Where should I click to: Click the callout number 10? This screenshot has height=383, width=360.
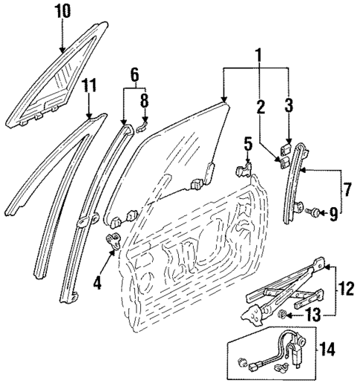click(x=63, y=13)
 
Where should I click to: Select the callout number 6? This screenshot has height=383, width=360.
click(x=134, y=74)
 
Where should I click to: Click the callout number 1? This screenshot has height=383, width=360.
click(x=258, y=53)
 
